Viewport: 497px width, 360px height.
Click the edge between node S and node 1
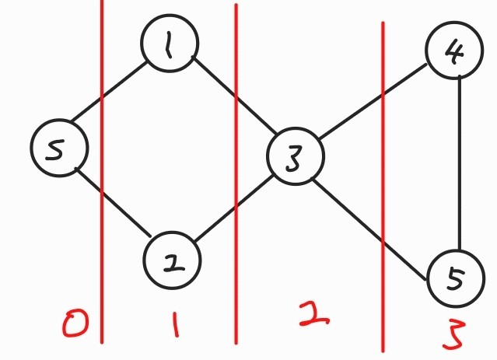point(109,93)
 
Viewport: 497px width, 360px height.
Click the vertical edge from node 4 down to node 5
point(462,163)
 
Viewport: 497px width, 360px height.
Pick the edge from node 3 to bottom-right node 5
point(369,227)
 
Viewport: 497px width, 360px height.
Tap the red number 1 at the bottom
point(177,323)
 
